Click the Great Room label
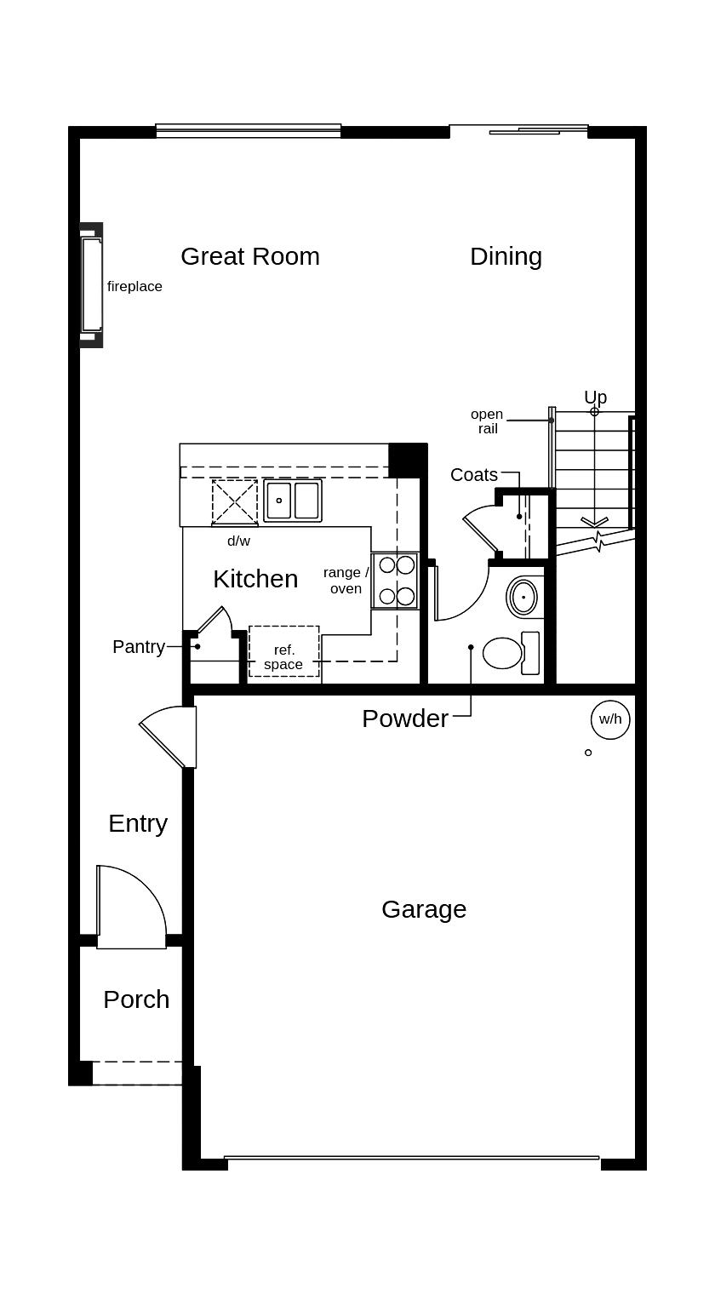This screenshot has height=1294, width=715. click(250, 256)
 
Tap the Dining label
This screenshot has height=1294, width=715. click(506, 256)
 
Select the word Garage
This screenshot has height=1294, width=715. click(424, 909)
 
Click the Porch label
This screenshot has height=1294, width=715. click(136, 999)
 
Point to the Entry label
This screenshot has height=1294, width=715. click(138, 823)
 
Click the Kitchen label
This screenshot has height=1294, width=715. click(255, 579)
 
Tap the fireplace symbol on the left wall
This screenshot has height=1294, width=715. click(91, 285)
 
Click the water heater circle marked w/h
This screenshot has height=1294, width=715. click(610, 719)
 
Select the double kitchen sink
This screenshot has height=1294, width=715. click(293, 501)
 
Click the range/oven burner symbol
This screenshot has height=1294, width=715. click(396, 581)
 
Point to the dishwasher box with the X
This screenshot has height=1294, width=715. click(235, 502)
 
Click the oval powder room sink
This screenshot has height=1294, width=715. click(523, 597)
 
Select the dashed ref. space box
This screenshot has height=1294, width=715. click(284, 652)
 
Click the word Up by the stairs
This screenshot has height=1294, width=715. click(595, 397)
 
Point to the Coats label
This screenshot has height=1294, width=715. click(474, 475)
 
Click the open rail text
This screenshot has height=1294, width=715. click(487, 421)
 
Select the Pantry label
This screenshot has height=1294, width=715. click(139, 647)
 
